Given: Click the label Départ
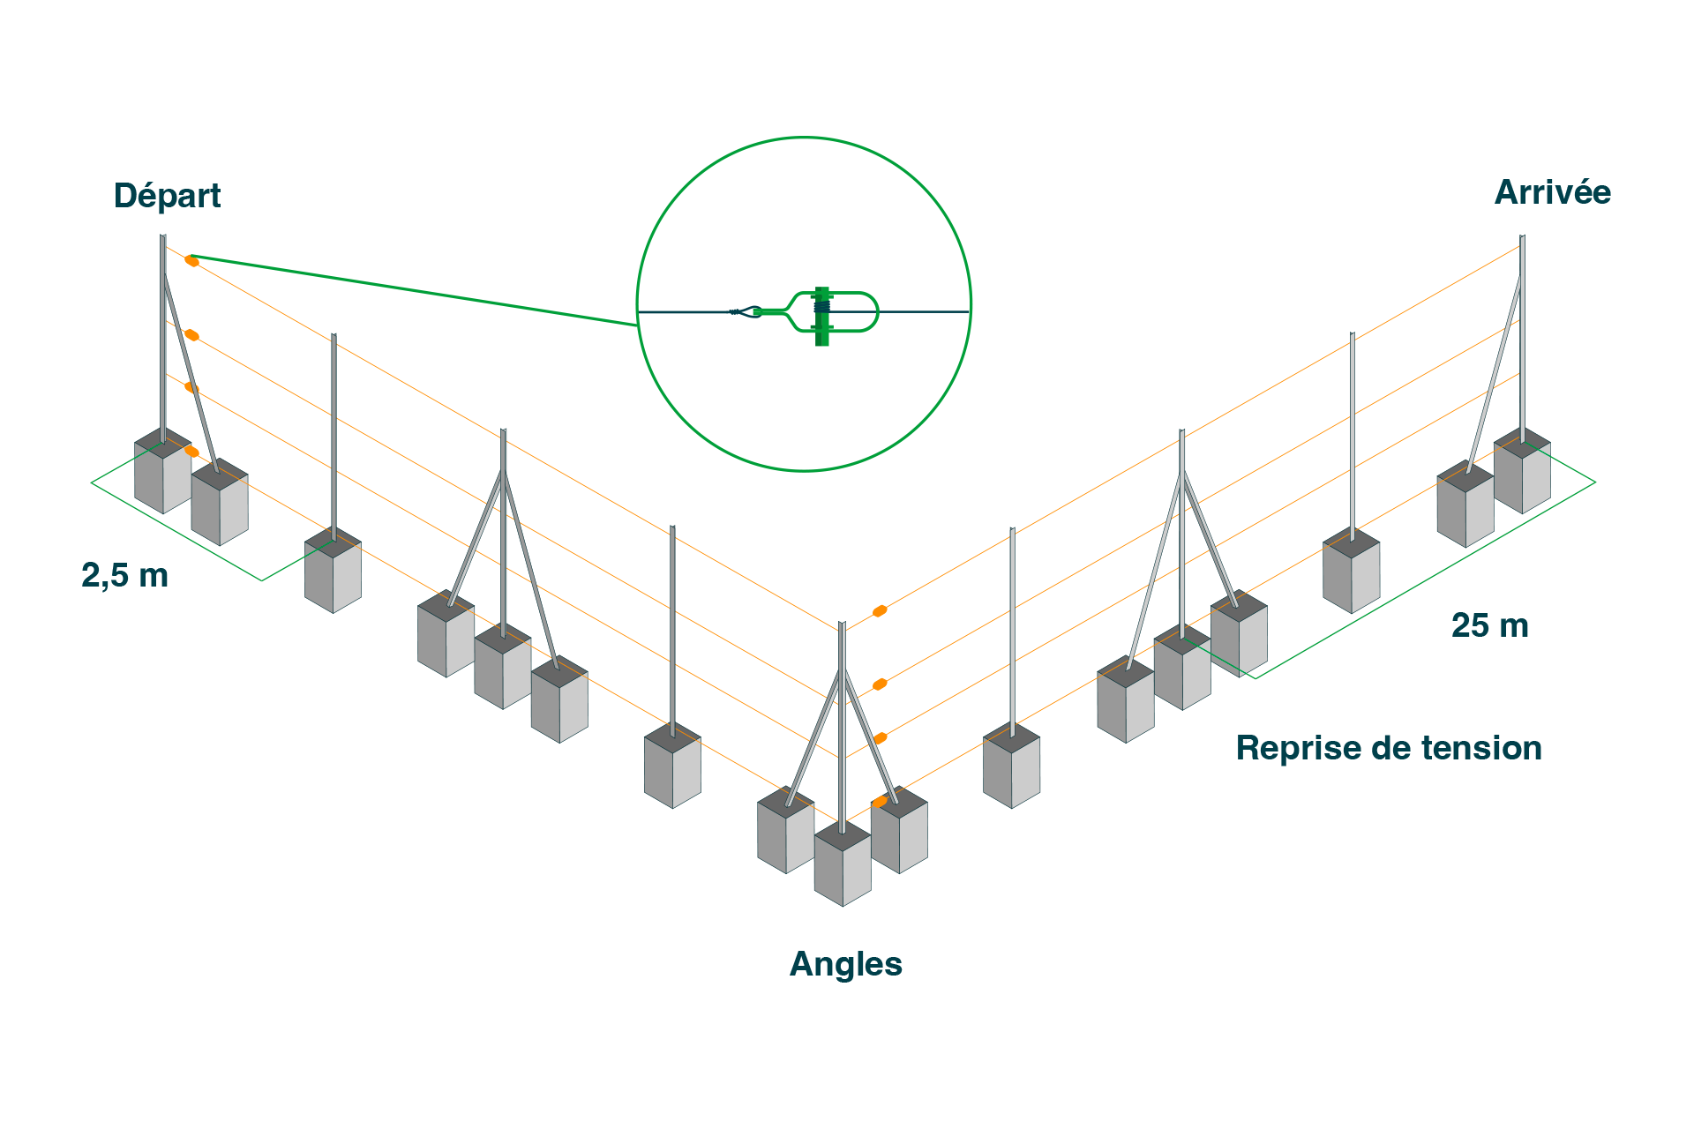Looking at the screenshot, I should click(x=167, y=196).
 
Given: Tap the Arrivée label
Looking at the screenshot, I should click(x=1552, y=192).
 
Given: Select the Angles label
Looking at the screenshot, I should click(x=845, y=964).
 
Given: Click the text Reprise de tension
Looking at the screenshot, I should click(x=1389, y=748).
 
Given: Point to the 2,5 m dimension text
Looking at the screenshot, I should click(x=124, y=575).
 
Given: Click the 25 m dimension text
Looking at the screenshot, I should click(x=1489, y=625).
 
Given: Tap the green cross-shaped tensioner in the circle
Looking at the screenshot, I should click(x=822, y=316).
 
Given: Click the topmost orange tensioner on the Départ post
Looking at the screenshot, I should click(x=191, y=260).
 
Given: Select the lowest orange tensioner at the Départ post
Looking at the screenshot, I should click(x=191, y=452).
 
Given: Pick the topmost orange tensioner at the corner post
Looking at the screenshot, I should click(x=880, y=610).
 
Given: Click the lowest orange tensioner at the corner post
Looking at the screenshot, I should click(x=880, y=802).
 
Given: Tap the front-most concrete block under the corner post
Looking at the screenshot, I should click(x=843, y=869).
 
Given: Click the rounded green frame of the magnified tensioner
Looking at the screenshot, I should click(x=869, y=311).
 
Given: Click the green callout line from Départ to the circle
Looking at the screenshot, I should click(x=415, y=291).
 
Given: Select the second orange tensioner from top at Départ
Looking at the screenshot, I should click(x=191, y=335).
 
